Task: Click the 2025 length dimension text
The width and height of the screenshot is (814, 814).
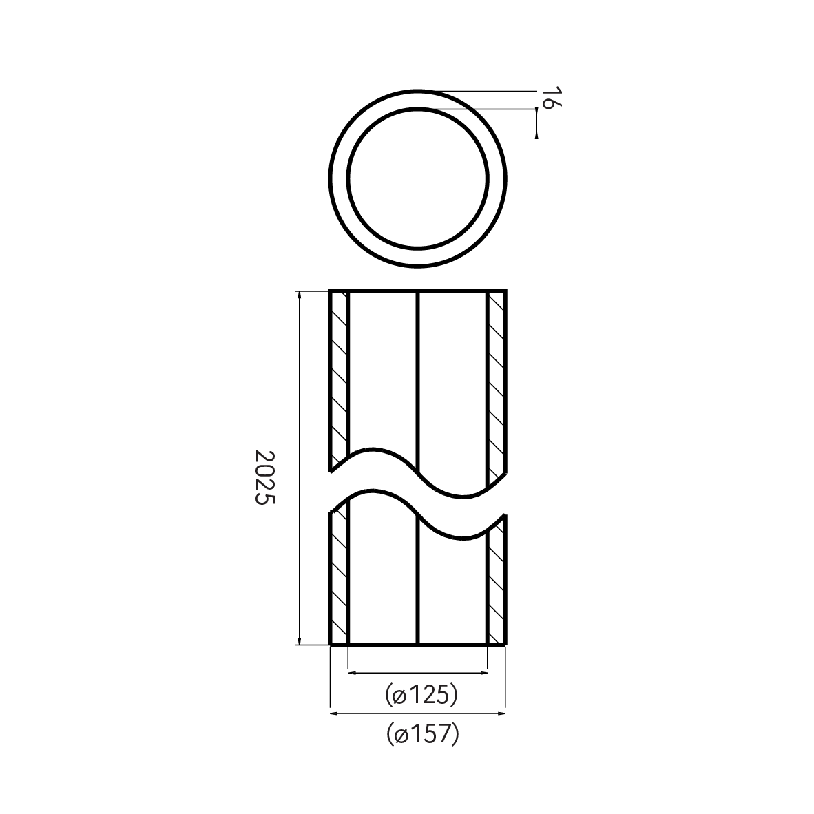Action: point(264,478)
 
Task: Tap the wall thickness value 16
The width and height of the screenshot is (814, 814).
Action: point(548,98)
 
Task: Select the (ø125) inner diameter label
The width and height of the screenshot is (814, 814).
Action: point(421,694)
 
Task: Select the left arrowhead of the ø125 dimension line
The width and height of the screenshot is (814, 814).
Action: point(352,671)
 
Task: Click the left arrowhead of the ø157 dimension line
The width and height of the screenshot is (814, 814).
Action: point(335,713)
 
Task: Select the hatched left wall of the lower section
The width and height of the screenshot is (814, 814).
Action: point(339,578)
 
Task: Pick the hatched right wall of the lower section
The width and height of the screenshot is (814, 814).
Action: point(497,585)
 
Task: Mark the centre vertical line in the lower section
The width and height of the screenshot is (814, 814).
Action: point(418,585)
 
